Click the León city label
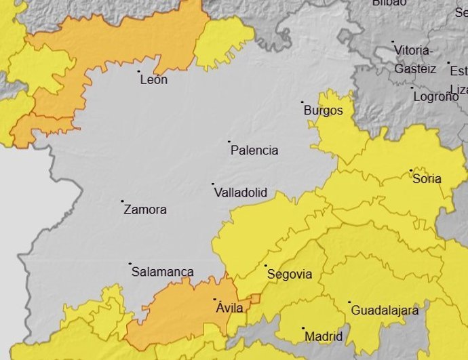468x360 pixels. pyautogui.click(x=153, y=80)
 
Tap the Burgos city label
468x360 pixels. pyautogui.click(x=324, y=111)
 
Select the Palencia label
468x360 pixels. pyautogui.click(x=254, y=151)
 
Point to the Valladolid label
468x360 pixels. pyautogui.click(x=240, y=193)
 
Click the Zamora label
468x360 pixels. pyautogui.click(x=145, y=210)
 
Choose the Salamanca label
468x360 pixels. pyautogui.click(x=162, y=272)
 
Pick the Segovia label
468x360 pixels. pyautogui.click(x=290, y=275)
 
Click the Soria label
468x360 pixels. pyautogui.click(x=427, y=179)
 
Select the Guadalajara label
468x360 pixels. pyautogui.click(x=385, y=311)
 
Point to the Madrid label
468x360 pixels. pyautogui.click(x=324, y=336)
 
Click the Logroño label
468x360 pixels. pyautogui.click(x=436, y=96)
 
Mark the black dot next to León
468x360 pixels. pyautogui.click(x=139, y=71)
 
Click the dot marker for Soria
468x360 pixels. pyautogui.click(x=410, y=170)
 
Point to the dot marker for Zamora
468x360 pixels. pyautogui.click(x=123, y=201)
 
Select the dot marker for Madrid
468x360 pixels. pyautogui.click(x=303, y=328)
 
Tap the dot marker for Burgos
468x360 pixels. pyautogui.click(x=303, y=102)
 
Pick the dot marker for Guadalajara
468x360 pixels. pyautogui.click(x=349, y=302)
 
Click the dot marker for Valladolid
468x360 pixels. pyautogui.click(x=212, y=184)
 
